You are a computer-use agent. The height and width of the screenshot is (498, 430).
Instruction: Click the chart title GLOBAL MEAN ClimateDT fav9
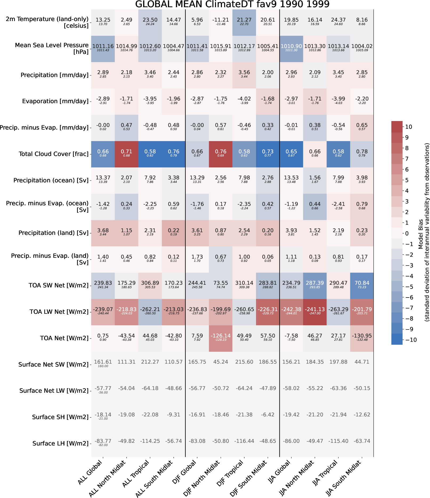coord(232,4)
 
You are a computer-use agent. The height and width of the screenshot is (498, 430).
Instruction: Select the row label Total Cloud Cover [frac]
coord(53,154)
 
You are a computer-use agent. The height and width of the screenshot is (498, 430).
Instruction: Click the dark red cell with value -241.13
coord(315,311)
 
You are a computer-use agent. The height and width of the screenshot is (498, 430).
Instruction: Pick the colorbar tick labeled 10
coord(409,127)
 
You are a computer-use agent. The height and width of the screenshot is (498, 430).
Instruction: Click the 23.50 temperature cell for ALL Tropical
coord(150,21)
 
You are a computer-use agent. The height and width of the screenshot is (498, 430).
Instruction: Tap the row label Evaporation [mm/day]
coord(55,101)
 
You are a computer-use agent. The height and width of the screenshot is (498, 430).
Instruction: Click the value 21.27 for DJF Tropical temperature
coord(244,21)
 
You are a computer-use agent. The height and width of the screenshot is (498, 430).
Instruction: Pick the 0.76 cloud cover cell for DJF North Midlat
coord(221,153)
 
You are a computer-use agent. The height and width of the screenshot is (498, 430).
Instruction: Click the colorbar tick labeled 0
coord(407,234)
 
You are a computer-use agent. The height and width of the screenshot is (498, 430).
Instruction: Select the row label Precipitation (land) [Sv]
coord(53,233)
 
